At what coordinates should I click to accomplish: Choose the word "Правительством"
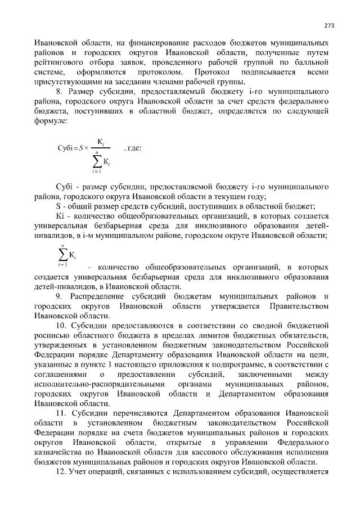pyautogui.click(x=299, y=306)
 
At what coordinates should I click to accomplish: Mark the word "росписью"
pyautogui.click(x=50, y=336)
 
